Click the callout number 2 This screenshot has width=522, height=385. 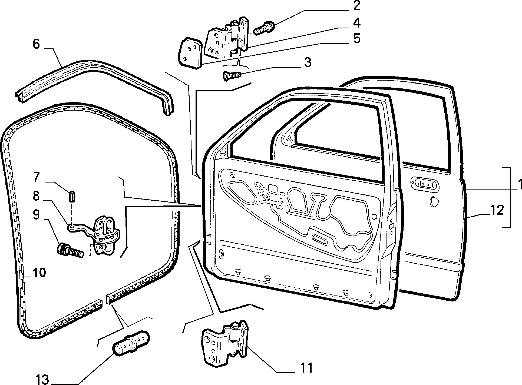tap(356, 6)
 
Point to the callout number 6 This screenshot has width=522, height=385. tap(36, 44)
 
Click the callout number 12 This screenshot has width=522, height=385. tap(496, 210)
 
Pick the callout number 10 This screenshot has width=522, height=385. tap(39, 273)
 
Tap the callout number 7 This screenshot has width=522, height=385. tap(36, 177)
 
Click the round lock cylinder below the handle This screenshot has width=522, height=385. tap(434, 202)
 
